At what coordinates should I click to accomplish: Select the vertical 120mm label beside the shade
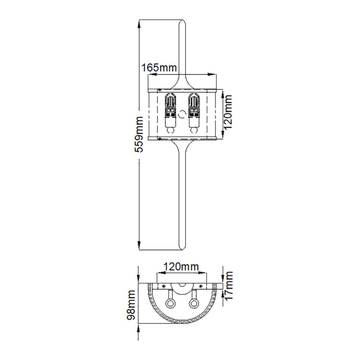tap(228, 112)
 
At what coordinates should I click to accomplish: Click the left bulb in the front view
tap(170, 112)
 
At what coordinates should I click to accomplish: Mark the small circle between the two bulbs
tap(182, 112)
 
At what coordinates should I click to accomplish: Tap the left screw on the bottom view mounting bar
tap(165, 286)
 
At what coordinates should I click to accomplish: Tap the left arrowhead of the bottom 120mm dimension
tap(158, 273)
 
